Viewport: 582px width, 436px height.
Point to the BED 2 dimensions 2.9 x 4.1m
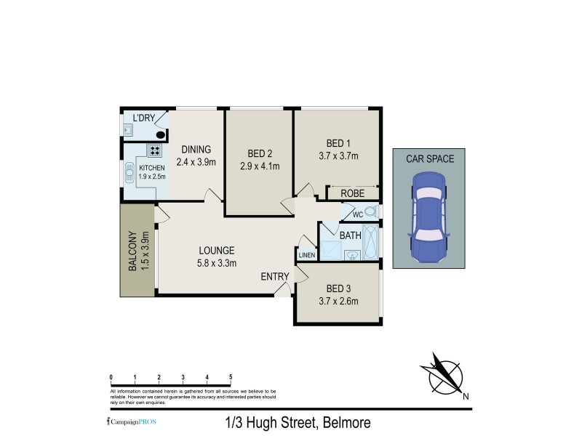pos(260,166)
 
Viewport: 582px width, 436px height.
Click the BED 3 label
pos(338,288)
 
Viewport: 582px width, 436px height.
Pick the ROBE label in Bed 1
pos(352,193)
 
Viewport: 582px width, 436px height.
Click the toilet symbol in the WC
pos(370,212)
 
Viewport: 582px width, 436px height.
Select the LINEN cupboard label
pos(306,256)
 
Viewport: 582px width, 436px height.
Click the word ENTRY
pos(275,277)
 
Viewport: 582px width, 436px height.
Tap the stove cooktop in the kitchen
pos(155,151)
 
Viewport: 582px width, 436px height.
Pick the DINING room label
pos(196,150)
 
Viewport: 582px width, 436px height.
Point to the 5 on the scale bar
pos(231,378)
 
